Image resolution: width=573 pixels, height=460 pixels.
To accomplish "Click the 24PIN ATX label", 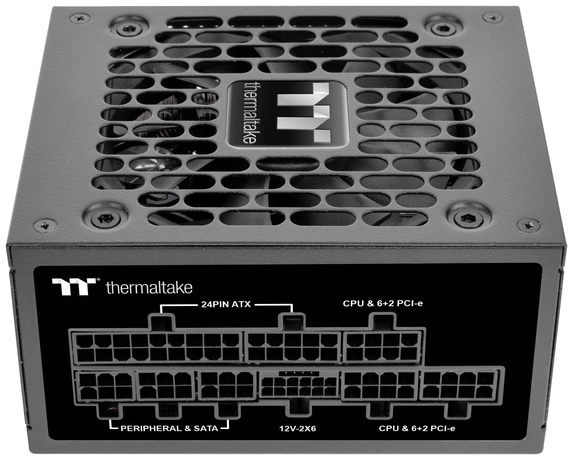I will coord(226,304).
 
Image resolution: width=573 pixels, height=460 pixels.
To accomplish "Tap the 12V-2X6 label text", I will coord(298,428).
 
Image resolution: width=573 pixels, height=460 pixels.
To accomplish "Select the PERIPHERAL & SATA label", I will coord(169,428).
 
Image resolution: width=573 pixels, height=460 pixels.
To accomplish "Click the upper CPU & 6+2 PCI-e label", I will coord(383,303).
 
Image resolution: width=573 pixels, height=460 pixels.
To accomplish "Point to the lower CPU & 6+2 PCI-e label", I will coord(417,428).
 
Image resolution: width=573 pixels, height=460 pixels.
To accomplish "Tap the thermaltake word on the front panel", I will coord(149,287).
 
